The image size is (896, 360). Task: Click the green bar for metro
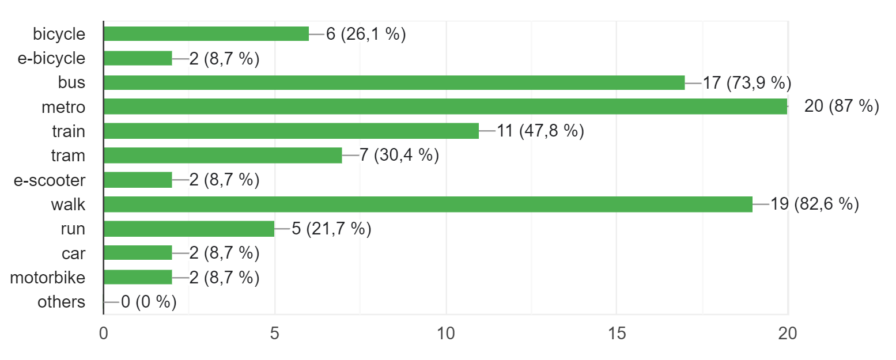pyautogui.click(x=445, y=107)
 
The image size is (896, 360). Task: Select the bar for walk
pyautogui.click(x=428, y=204)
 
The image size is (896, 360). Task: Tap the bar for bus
pyautogui.click(x=394, y=82)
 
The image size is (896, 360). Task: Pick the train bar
pyautogui.click(x=291, y=131)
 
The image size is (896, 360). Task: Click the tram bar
pyautogui.click(x=222, y=156)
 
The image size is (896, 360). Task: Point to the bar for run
pyautogui.click(x=188, y=229)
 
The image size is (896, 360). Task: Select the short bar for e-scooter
pyautogui.click(x=137, y=180)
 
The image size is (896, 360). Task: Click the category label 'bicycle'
pyautogui.click(x=59, y=34)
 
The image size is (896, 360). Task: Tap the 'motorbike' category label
pyautogui.click(x=48, y=278)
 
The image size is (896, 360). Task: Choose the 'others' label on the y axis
pyautogui.click(x=61, y=302)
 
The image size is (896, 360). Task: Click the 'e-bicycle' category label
pyautogui.click(x=51, y=58)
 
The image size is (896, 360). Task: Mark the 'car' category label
pyautogui.click(x=73, y=253)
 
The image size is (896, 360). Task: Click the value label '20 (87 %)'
pyautogui.click(x=841, y=107)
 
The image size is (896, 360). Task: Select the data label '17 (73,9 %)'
pyautogui.click(x=747, y=82)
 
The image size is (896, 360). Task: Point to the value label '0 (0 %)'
pyautogui.click(x=148, y=302)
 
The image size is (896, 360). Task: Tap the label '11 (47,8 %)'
pyautogui.click(x=540, y=131)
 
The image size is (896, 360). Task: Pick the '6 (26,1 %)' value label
pyautogui.click(x=366, y=34)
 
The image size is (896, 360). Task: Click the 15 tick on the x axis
pyautogui.click(x=617, y=334)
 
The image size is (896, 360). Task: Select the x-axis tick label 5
pyautogui.click(x=275, y=334)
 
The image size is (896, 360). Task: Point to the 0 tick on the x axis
pyautogui.click(x=104, y=334)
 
